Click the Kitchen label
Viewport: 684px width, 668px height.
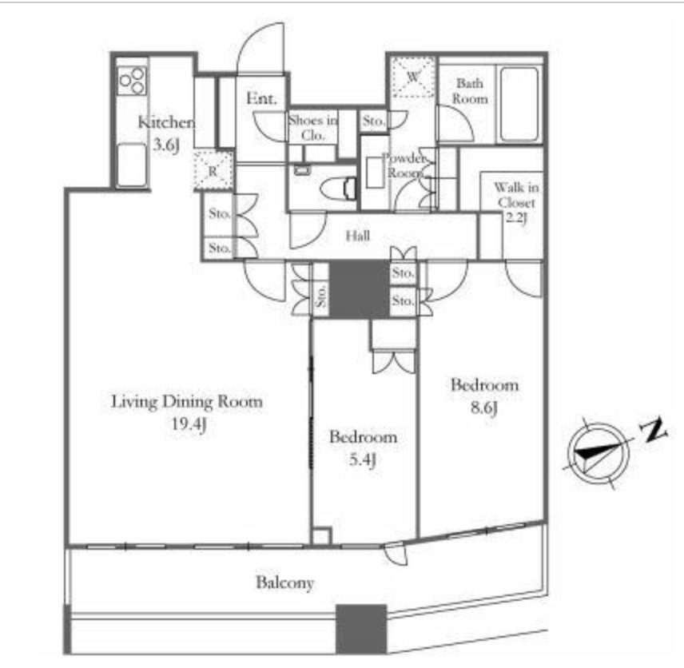point(166,122)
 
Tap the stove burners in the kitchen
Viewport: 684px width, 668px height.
point(132,81)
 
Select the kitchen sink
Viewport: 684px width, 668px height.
point(132,165)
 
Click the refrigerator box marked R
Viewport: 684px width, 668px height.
point(213,171)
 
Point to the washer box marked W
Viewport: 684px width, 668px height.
point(413,78)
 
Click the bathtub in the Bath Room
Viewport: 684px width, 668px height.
point(519,104)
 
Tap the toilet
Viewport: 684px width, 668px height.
point(339,188)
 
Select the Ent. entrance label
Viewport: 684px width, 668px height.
point(262,98)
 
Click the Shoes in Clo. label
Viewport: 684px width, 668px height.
point(312,127)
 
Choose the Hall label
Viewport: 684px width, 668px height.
point(358,236)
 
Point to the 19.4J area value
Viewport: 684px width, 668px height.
point(189,424)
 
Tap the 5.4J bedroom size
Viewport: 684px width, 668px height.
point(363,459)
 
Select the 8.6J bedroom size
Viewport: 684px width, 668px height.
point(484,408)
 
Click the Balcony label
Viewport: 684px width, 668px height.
point(284,583)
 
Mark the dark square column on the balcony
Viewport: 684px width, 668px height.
point(361,629)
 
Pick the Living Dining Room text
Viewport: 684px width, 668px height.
point(187,401)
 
